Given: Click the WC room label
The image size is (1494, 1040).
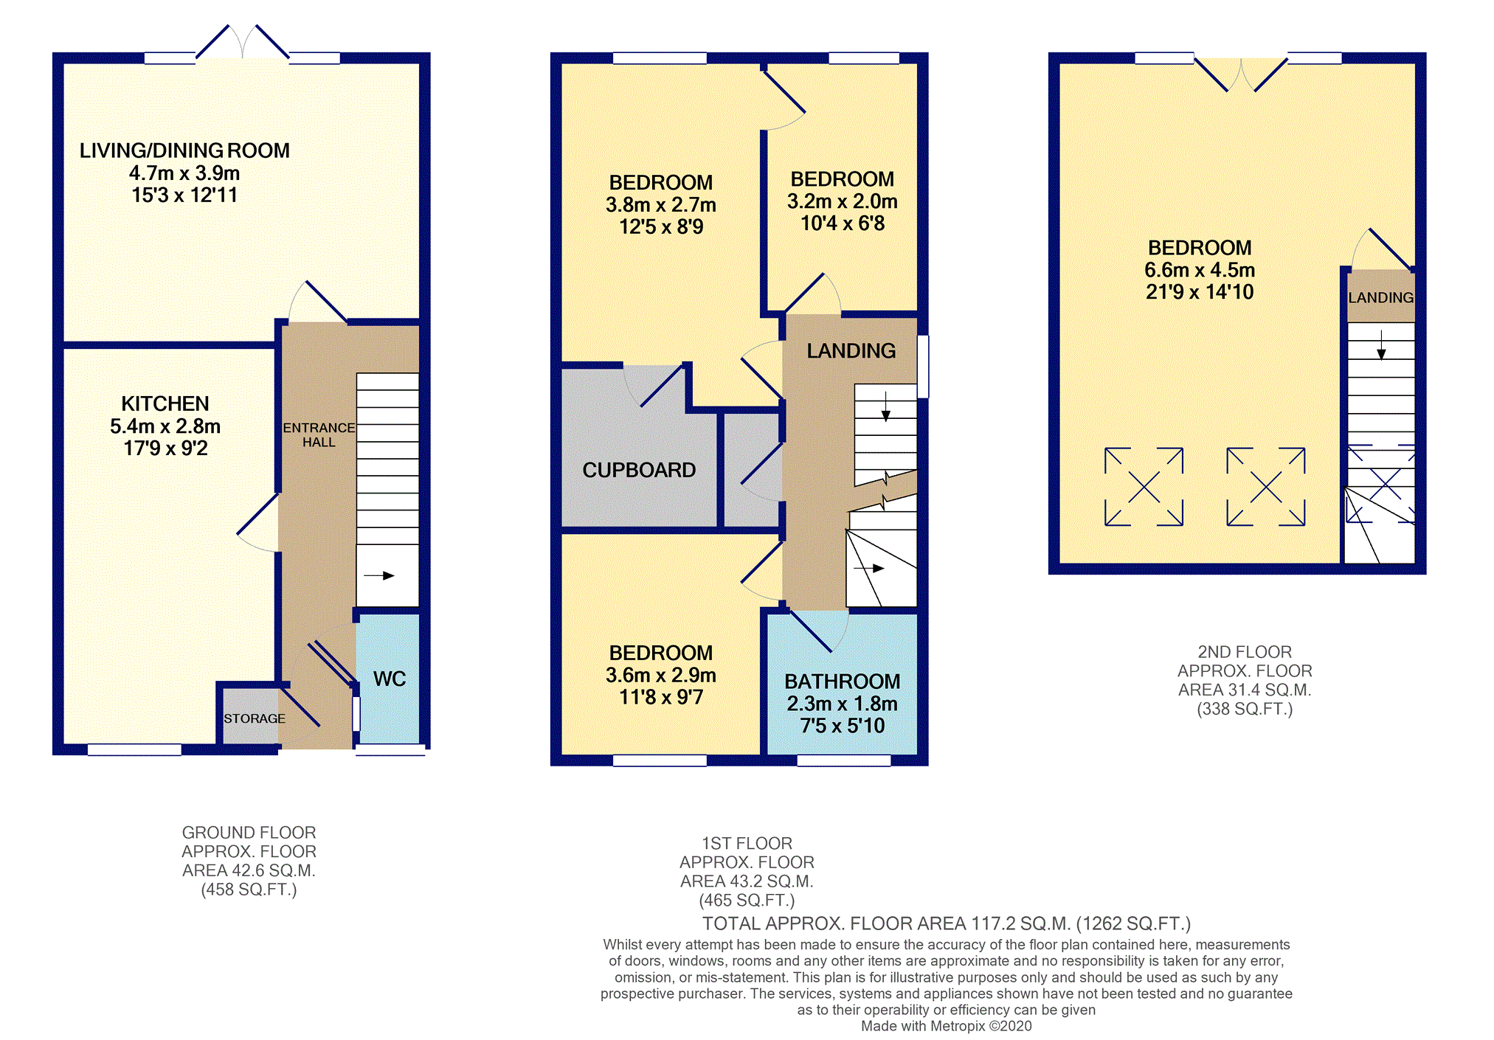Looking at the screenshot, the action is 390,679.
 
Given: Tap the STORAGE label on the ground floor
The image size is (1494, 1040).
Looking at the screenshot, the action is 255,718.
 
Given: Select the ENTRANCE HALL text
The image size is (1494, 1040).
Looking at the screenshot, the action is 319,434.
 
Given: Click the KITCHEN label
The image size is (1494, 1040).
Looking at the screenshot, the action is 165,403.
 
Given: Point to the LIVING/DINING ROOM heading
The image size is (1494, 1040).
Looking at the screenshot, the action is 184,150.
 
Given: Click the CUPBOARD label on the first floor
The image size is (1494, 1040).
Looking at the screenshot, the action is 639,470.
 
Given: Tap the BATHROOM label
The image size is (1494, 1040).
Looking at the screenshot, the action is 843,681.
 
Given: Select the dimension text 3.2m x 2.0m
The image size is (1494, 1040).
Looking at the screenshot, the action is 843,201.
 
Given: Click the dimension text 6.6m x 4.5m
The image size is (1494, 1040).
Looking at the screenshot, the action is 1200,270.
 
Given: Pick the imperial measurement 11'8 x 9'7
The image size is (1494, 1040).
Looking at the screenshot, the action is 661,697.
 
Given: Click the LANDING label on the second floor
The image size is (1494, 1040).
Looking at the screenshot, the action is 1381,297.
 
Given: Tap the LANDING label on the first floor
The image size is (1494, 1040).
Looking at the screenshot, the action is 851,350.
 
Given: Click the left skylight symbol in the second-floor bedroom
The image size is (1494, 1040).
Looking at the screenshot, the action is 1144,487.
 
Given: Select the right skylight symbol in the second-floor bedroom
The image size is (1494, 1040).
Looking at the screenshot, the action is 1266,487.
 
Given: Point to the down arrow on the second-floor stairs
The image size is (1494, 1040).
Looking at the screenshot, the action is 1381,344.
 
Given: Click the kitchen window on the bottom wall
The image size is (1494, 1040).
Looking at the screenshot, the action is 134,749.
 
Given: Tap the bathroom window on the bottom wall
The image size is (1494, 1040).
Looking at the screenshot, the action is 844,760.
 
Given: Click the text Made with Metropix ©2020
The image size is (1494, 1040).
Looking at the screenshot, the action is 947,1026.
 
